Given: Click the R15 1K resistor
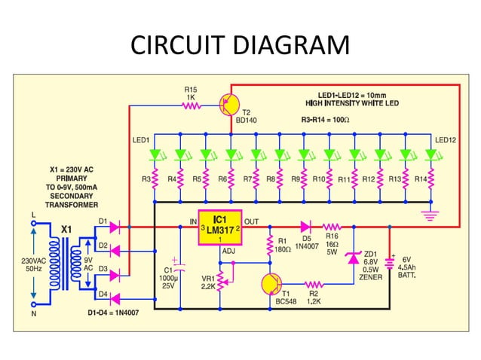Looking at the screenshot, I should point(191,106).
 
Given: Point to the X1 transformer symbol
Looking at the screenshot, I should point(67,256).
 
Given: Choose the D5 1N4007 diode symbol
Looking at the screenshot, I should point(305,225).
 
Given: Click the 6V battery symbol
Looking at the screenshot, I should point(391,263).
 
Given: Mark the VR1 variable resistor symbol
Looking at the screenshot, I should point(220,279).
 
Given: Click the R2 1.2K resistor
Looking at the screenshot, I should point(314,284).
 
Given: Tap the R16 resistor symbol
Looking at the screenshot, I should point(332,225).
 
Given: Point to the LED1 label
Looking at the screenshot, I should point(140,140).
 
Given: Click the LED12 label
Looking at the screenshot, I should point(445,140).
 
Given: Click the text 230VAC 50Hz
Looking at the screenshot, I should point(32,264).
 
